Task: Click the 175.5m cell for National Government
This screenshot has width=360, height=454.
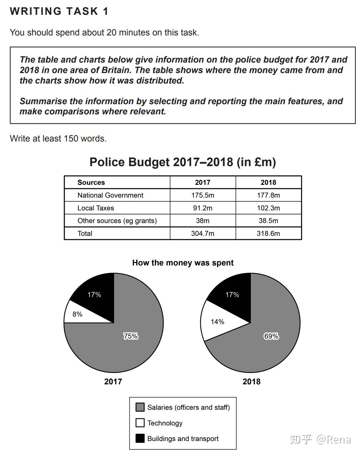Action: click(x=202, y=195)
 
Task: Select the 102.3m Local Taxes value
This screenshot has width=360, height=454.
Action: click(x=268, y=208)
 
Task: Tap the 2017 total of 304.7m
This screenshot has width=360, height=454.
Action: click(x=202, y=233)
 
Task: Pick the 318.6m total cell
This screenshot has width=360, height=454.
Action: click(x=268, y=233)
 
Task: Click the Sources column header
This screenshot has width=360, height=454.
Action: click(x=91, y=182)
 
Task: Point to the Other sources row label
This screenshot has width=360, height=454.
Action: click(x=117, y=221)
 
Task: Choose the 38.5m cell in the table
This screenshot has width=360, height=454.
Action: click(x=268, y=221)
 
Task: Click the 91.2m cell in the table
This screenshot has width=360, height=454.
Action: click(x=202, y=208)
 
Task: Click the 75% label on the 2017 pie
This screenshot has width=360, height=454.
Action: click(x=131, y=336)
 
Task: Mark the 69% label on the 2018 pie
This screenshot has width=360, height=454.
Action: click(x=271, y=336)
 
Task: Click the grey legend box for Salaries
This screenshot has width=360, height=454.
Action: click(x=140, y=407)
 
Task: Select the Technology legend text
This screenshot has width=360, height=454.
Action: click(x=165, y=423)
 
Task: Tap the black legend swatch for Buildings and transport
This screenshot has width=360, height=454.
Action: click(x=140, y=438)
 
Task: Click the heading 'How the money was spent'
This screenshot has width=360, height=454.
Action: click(x=183, y=263)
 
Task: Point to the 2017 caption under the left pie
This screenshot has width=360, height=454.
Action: click(x=113, y=382)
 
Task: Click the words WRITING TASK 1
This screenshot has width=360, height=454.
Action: click(x=59, y=11)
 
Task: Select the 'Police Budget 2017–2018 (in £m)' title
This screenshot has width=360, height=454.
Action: click(x=182, y=162)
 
